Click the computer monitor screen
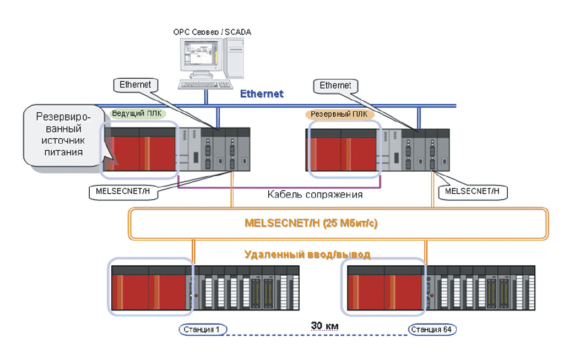pos(198,53)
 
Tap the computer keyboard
pos(205,85)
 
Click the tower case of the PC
pos(233,58)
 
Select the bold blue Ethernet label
pos(262,94)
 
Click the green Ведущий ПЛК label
pos(137,113)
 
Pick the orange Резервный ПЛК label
pos(339,114)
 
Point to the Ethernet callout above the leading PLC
pos(135,85)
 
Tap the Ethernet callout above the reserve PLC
pos(335,85)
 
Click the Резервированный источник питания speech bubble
pos(63,134)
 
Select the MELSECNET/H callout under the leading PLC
pos(123,192)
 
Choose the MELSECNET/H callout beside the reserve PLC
pos(473,192)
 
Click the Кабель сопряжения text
pos(314,194)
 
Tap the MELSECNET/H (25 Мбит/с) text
pos(311,223)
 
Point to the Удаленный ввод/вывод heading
pos(307,254)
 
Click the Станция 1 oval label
pos(203,330)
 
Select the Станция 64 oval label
pos(432,330)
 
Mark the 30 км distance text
pos(325,326)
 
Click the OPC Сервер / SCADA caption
pos(212,32)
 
